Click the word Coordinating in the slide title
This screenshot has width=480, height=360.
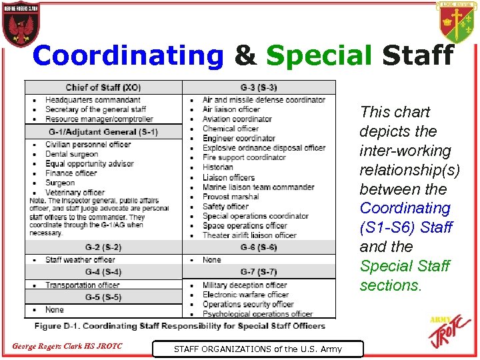[128, 56]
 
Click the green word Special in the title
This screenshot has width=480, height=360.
[319, 56]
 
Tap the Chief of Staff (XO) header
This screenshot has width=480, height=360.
[103, 87]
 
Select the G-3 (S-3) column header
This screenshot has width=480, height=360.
[259, 87]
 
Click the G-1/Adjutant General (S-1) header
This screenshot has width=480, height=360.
[103, 132]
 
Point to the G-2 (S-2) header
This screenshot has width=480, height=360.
[103, 247]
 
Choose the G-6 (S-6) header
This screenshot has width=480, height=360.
[259, 247]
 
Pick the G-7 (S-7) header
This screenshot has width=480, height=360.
[259, 272]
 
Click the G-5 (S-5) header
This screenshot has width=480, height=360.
[103, 297]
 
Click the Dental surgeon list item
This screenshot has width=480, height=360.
[72, 154]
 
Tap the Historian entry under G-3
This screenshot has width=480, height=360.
[218, 167]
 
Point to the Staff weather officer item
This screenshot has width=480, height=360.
[80, 260]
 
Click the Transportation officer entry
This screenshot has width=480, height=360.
[82, 285]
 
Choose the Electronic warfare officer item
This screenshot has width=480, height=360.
[245, 295]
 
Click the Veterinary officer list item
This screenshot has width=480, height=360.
[75, 193]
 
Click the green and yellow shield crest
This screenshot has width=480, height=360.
[457, 23]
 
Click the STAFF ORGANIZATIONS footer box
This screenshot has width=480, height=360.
[257, 348]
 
